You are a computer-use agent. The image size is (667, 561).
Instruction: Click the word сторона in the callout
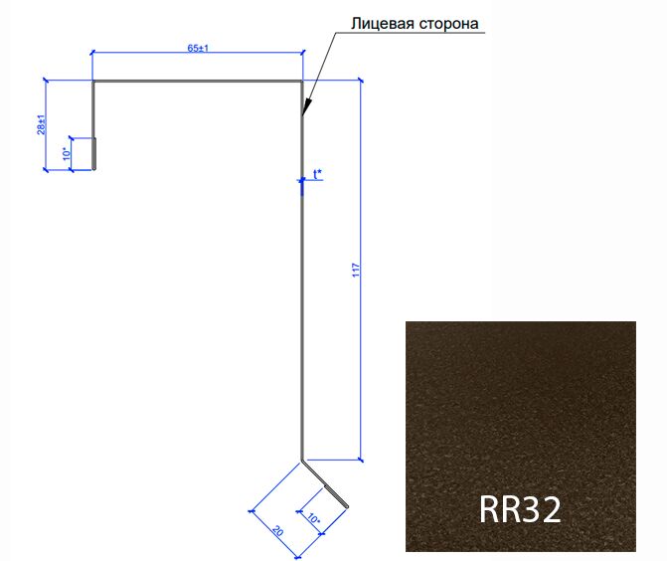448,24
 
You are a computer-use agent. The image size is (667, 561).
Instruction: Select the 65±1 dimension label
198,48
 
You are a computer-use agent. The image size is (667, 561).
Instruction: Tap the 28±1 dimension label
42,124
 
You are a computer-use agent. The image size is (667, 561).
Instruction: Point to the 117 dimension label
356,271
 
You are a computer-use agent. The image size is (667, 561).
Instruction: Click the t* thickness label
317,174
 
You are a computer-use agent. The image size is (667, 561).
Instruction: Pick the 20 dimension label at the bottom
277,531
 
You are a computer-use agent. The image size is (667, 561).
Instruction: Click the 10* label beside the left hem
67,153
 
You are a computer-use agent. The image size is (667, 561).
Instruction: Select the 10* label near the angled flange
313,518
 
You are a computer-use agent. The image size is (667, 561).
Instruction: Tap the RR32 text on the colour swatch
520,509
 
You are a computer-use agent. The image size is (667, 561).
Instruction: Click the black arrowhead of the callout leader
307,107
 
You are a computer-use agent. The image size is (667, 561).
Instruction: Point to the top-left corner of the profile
93,81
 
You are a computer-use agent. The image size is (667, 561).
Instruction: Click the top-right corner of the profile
302,81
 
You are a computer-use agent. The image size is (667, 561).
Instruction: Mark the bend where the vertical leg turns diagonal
302,461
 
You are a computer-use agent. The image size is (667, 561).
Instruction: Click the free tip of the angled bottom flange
347,506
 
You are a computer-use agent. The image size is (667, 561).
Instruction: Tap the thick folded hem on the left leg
94,153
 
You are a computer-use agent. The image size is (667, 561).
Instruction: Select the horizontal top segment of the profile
198,81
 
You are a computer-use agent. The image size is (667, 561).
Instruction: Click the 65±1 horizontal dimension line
198,53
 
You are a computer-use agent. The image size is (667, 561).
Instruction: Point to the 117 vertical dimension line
361,271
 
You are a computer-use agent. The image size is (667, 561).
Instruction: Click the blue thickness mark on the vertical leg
302,186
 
